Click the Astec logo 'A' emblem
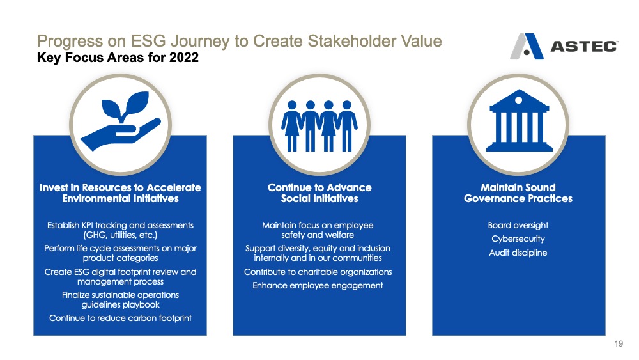pos(527,47)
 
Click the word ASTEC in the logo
pos(584,47)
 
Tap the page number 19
pos(619,343)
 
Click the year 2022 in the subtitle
pos(184,58)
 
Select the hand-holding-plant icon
pos(121,121)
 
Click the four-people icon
pos(319,126)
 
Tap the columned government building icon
pos(519,120)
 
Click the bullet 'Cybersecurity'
pos(518,239)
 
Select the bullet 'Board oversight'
pos(518,226)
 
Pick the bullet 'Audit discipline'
pos(518,253)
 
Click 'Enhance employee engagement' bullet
pos(318,285)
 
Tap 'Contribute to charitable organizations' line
pos(318,272)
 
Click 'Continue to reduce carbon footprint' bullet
pos(120,318)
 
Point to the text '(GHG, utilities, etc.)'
pos(120,235)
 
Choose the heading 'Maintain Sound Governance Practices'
pos(518,193)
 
